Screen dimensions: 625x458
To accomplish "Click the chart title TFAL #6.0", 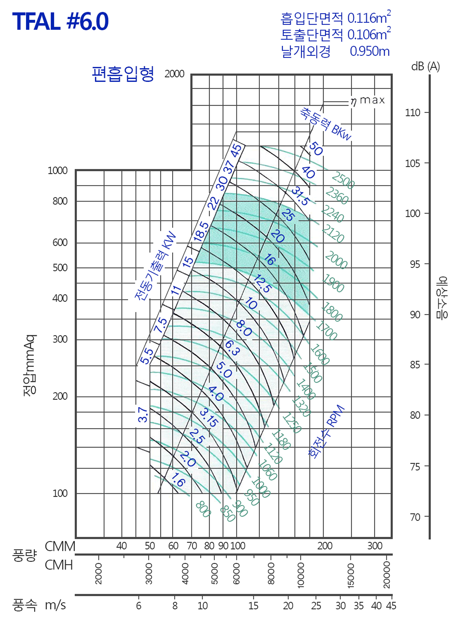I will pyautogui.click(x=60, y=21).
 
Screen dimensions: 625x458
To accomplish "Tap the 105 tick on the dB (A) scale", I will pyautogui.click(x=413, y=163).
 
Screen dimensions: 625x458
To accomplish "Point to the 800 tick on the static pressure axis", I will pyautogui.click(x=60, y=201).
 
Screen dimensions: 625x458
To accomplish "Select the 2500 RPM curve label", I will pyautogui.click(x=343, y=180).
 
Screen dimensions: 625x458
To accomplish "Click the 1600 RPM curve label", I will pyautogui.click(x=320, y=354).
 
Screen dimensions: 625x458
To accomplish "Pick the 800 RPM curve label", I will pyautogui.click(x=203, y=509).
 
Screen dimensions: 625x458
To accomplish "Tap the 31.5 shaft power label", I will pyautogui.click(x=300, y=196).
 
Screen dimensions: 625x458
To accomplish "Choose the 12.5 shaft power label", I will pyautogui.click(x=262, y=284).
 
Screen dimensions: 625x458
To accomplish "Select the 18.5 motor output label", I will pyautogui.click(x=201, y=231).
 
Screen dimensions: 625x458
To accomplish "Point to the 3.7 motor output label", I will pyautogui.click(x=143, y=414).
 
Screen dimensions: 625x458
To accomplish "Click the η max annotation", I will pyautogui.click(x=367, y=100).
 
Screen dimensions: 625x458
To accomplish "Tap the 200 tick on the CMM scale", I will pyautogui.click(x=325, y=546).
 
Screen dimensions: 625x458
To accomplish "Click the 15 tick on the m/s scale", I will pyautogui.click(x=253, y=606).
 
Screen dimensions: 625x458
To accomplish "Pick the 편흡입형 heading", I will pyautogui.click(x=123, y=74).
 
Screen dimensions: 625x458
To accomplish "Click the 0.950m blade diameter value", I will pyautogui.click(x=369, y=51).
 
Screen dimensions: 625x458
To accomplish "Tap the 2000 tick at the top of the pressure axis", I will pyautogui.click(x=174, y=74).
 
